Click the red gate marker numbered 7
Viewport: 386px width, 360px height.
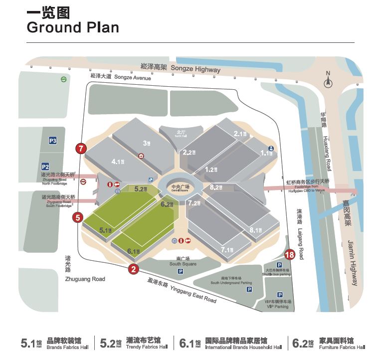[81, 148]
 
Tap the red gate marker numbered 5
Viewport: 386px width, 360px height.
[78, 217]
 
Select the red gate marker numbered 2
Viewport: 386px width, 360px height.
[133, 269]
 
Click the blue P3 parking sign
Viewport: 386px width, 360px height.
[52, 141]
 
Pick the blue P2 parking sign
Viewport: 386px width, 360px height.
[45, 167]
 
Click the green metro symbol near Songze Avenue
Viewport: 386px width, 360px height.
[64, 79]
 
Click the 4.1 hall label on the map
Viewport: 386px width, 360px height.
[119, 161]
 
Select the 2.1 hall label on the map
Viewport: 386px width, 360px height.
[241, 134]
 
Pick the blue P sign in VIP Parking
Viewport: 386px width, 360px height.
[280, 295]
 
